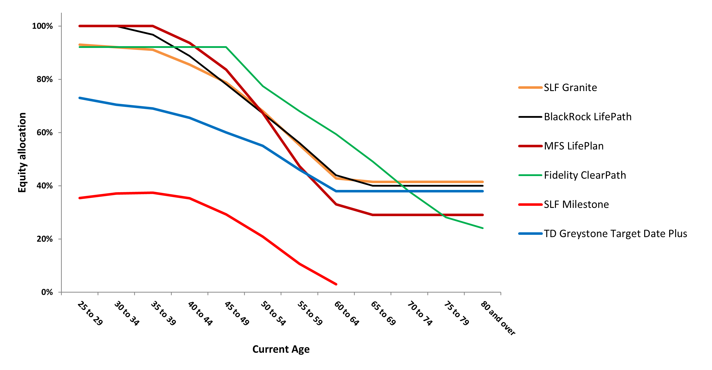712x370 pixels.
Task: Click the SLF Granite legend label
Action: (570, 88)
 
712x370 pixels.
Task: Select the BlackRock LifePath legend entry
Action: (587, 117)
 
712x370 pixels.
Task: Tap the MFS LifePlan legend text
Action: (574, 146)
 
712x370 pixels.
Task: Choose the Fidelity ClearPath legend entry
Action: (585, 175)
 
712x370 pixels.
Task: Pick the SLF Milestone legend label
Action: (576, 205)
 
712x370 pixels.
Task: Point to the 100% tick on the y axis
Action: (42, 26)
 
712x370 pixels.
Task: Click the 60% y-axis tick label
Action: (44, 132)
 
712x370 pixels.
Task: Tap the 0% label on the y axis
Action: (47, 292)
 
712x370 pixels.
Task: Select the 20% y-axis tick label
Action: (44, 239)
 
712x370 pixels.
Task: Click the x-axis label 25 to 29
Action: (90, 313)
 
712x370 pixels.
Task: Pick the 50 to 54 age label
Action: (273, 313)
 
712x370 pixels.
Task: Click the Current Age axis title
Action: (281, 349)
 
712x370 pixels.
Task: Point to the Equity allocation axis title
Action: (22, 152)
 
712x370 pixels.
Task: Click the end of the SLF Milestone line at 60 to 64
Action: (336, 284)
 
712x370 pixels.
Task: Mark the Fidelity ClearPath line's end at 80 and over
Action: (483, 228)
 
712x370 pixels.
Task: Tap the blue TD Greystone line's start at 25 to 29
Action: (80, 98)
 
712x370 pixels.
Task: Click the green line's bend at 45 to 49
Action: (226, 47)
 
